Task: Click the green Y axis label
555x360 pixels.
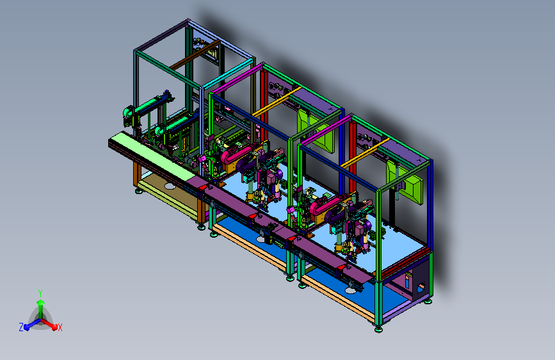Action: pos(40,293)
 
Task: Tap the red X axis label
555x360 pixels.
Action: pos(60,328)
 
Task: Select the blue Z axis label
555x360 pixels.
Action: pos(21,327)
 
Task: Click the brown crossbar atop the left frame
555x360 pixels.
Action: pos(195,55)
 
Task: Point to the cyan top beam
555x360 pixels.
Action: pos(227,74)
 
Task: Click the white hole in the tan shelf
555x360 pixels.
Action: pos(170,186)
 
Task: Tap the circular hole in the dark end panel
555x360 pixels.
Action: pos(421,288)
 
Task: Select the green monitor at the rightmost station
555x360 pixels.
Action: pos(406,182)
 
